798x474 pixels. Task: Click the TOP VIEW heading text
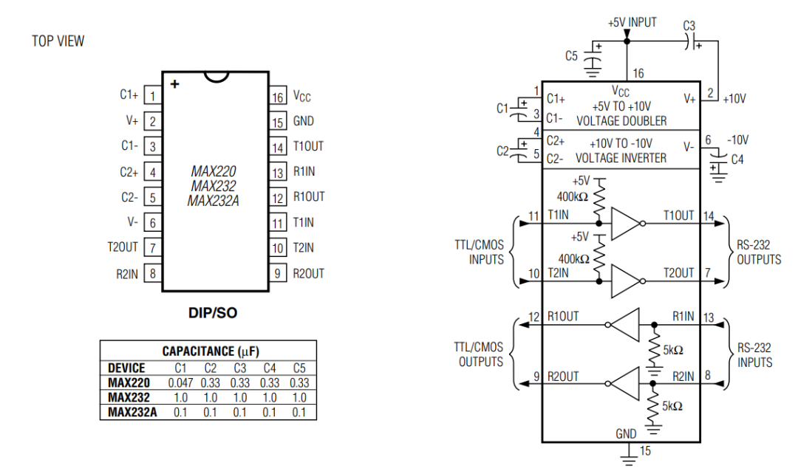point(58,41)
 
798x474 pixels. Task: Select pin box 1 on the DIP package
point(152,95)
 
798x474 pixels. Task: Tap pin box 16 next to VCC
point(278,97)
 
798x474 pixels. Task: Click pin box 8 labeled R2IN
point(152,273)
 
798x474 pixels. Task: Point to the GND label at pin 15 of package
point(303,122)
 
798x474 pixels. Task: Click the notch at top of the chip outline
point(216,76)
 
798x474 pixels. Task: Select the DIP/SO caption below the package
point(213,313)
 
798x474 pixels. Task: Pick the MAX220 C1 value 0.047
point(180,383)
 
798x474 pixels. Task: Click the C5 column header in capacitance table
point(299,368)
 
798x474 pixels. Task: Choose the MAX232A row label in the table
point(132,412)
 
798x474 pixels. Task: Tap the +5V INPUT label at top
point(632,23)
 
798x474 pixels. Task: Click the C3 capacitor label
point(689,25)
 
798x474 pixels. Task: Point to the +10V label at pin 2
point(736,98)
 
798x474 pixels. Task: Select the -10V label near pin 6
point(737,140)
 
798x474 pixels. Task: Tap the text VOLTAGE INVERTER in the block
point(621,157)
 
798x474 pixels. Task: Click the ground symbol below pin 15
point(628,459)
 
